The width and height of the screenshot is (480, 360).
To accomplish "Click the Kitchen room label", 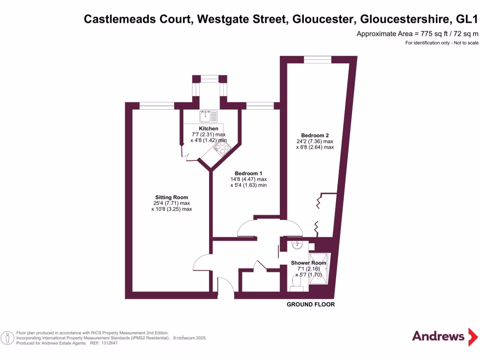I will [x=209, y=128].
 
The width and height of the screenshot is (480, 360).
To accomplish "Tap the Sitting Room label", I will [x=172, y=197].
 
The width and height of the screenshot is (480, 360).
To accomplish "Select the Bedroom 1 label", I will [x=248, y=173].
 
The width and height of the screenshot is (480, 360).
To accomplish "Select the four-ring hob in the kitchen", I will [x=221, y=149].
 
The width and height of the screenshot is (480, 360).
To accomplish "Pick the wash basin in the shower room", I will [x=297, y=245].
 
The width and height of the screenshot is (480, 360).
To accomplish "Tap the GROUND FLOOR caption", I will [x=311, y=305].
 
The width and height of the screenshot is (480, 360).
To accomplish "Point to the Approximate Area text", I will [x=417, y=34].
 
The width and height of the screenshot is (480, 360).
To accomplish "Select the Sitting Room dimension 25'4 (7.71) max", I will [x=172, y=203].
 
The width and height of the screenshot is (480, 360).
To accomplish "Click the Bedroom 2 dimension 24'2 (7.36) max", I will [x=315, y=142].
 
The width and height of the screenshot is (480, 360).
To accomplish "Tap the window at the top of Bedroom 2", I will [x=317, y=60].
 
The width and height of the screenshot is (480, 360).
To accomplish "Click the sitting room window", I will [x=157, y=106].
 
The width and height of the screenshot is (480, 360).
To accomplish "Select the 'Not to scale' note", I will [x=463, y=43].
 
